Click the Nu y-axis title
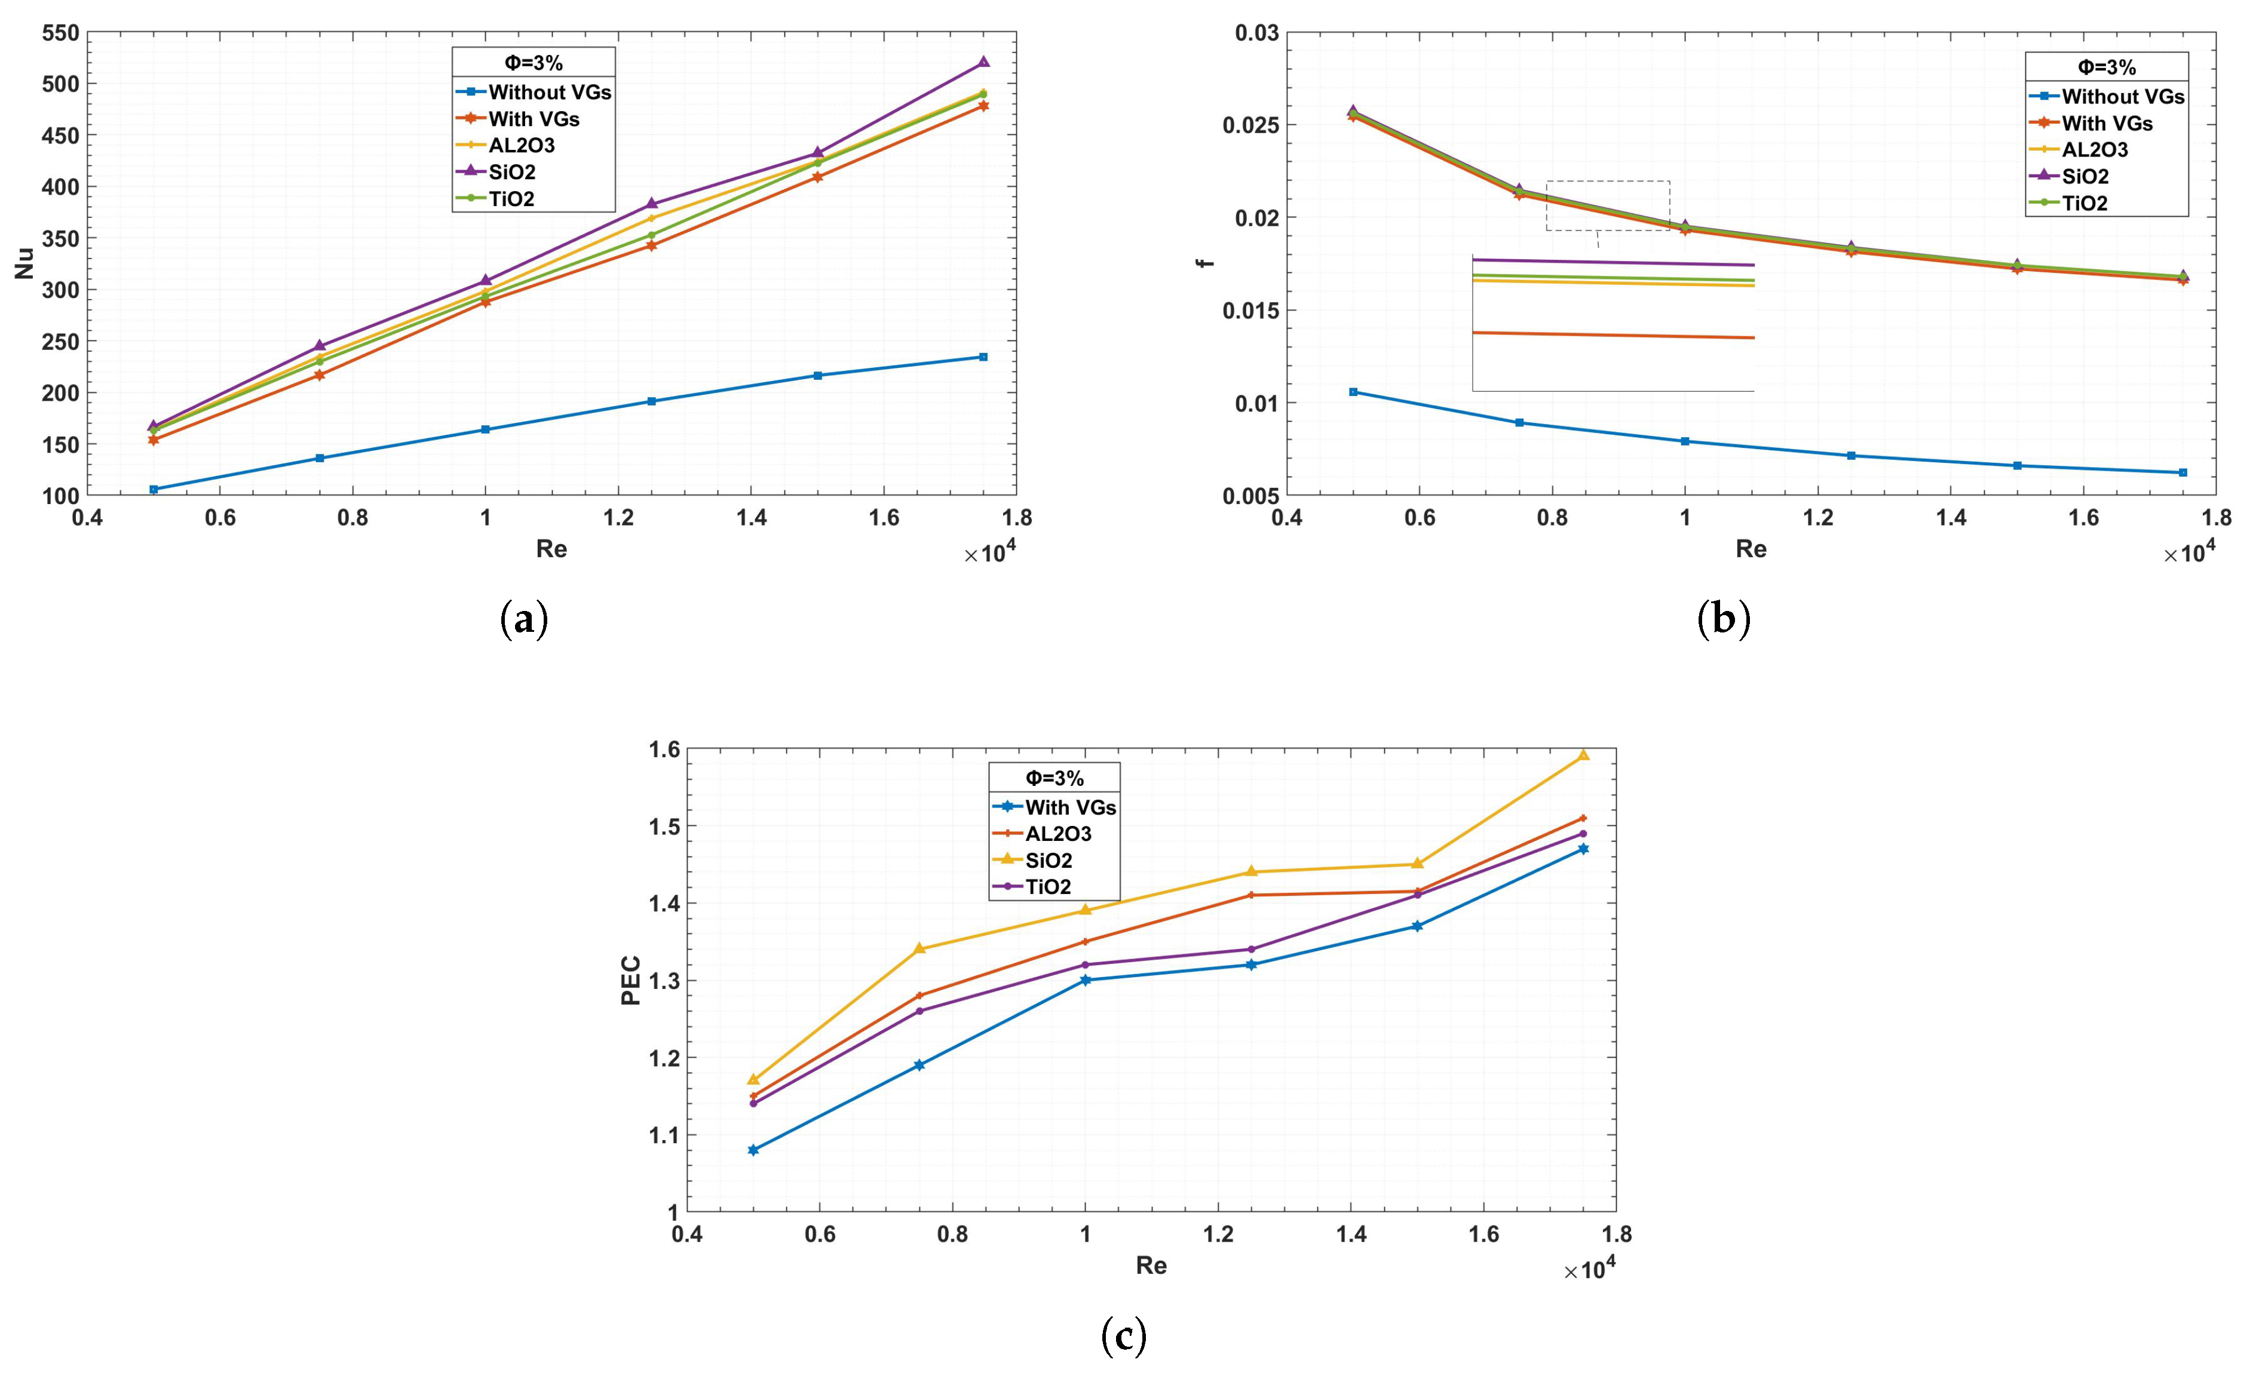coord(24,263)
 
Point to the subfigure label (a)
coord(525,620)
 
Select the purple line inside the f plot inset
coord(1613,262)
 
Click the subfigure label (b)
coord(1724,620)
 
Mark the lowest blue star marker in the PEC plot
coord(753,1150)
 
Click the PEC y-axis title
coord(631,980)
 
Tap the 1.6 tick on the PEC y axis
coord(665,750)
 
